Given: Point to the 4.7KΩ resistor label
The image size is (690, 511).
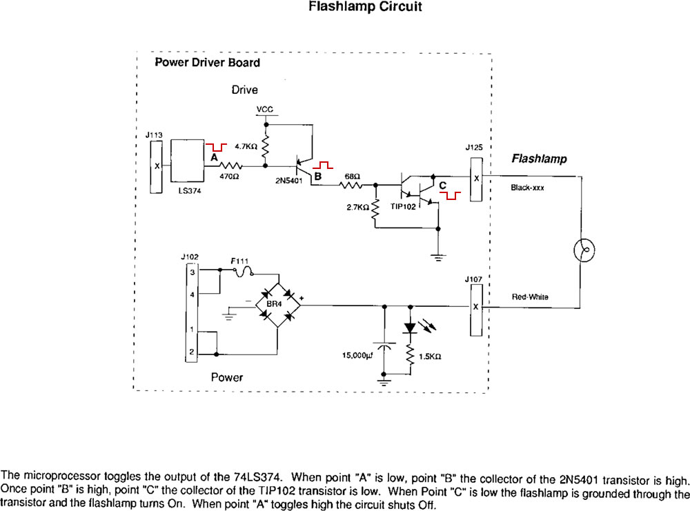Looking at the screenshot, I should click(246, 147).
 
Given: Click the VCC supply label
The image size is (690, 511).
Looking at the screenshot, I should click(264, 110).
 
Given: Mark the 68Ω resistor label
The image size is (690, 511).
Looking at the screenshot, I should click(352, 176).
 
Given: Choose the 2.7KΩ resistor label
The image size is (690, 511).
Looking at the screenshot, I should click(357, 206).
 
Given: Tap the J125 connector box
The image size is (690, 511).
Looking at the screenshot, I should click(476, 179).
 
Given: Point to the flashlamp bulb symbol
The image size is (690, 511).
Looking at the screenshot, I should click(584, 250).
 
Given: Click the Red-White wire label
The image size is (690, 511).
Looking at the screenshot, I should click(529, 297).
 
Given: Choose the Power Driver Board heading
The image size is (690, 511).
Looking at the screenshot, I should click(207, 63).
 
